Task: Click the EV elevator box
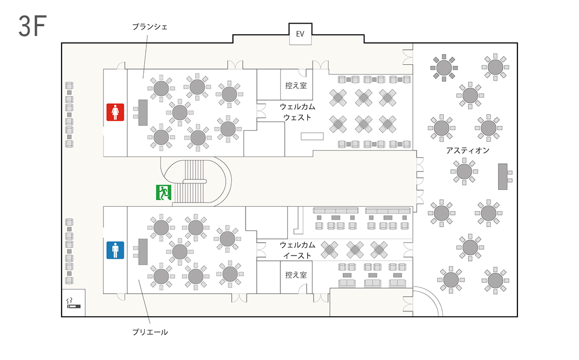coord(300,34)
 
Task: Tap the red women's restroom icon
coord(115,112)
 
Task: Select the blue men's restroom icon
coord(115,250)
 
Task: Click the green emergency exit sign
coord(164,192)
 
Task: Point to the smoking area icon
coord(73,303)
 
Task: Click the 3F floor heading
coord(33,26)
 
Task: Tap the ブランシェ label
coord(150,27)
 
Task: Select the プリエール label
coord(150,332)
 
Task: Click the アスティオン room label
coord(467,150)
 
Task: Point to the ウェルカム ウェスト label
coord(297,112)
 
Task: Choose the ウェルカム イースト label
coord(297,250)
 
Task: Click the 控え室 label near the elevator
coord(296,86)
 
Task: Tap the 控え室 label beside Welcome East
coord(296,275)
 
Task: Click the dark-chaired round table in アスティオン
coord(444,67)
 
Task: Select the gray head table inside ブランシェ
coord(143,112)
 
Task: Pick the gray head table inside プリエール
coord(143,252)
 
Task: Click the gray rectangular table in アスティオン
coord(502,177)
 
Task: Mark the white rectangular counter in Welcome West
coord(312,137)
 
